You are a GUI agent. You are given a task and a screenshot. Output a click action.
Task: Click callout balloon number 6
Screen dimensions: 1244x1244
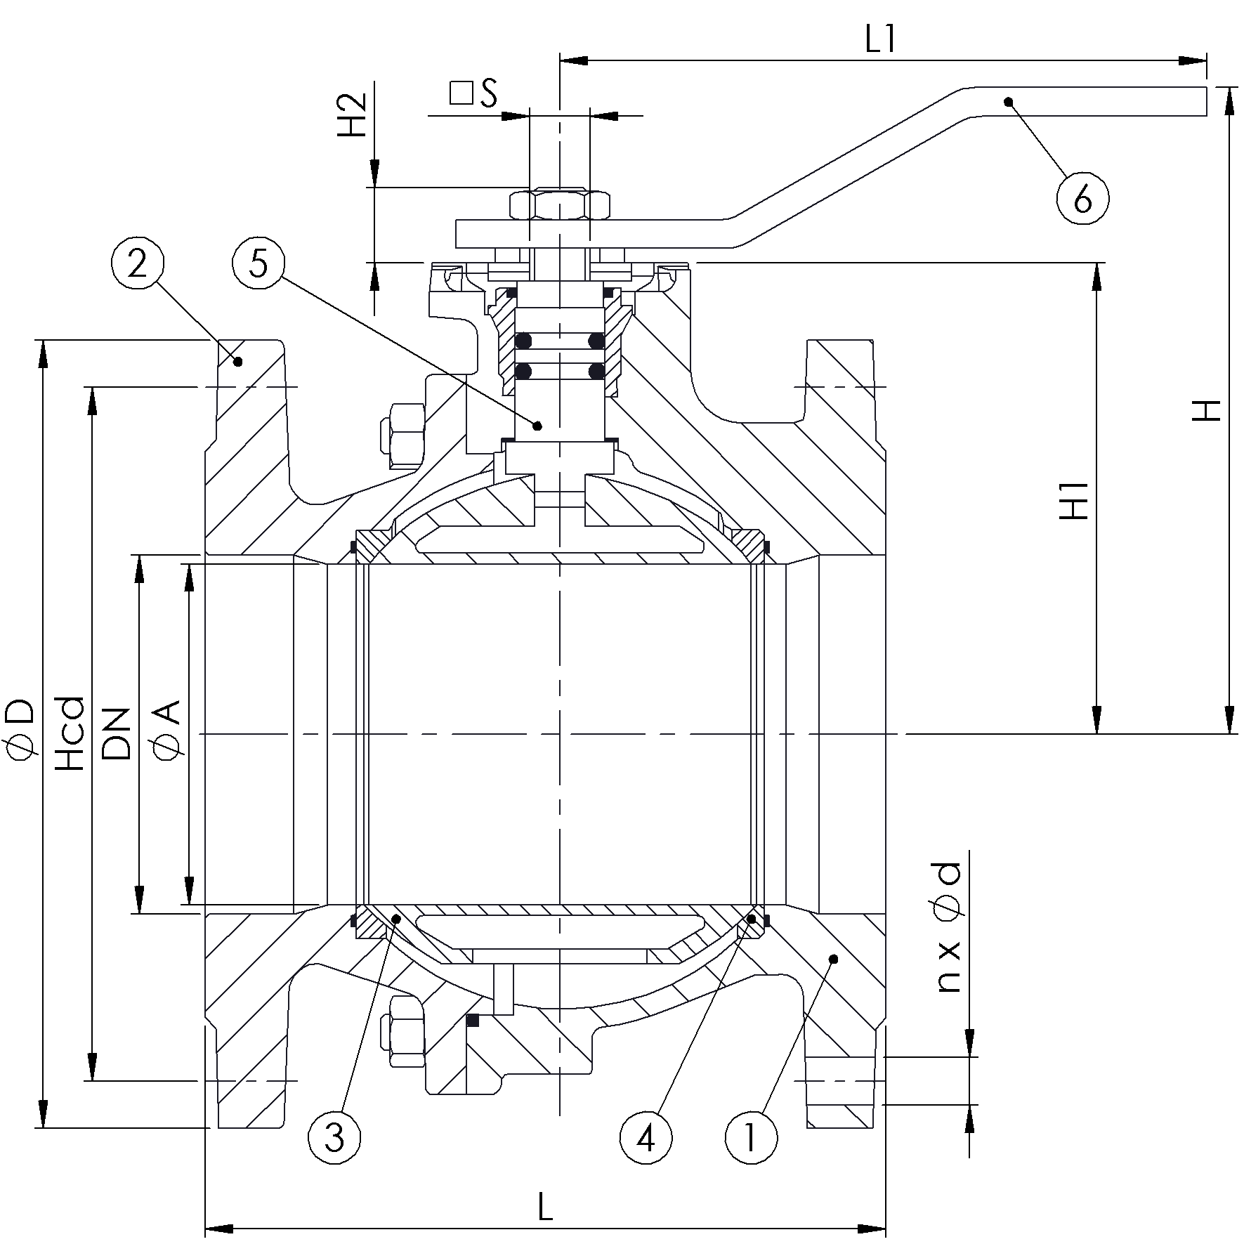pyautogui.click(x=1082, y=198)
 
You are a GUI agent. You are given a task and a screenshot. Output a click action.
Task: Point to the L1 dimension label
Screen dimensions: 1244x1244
pyautogui.click(x=881, y=41)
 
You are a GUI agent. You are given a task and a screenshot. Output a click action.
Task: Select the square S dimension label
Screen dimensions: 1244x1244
pyautogui.click(x=474, y=93)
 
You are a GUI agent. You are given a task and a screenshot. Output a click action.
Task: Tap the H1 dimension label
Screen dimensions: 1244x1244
pyautogui.click(x=1075, y=500)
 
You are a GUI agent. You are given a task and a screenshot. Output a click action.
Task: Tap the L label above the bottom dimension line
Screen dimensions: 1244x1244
pyautogui.click(x=544, y=1207)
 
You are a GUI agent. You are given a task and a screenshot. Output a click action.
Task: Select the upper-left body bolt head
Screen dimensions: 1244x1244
pyautogui.click(x=403, y=436)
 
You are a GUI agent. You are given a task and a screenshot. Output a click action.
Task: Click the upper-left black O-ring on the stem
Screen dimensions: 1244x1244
pyautogui.click(x=523, y=342)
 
